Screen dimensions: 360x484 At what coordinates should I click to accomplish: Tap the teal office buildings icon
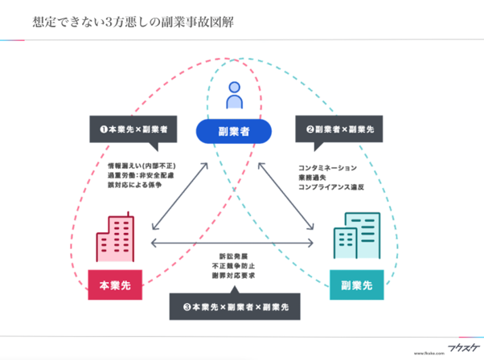357,235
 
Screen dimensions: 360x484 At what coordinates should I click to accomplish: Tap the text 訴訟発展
233,255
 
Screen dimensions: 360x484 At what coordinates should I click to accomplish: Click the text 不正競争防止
233,265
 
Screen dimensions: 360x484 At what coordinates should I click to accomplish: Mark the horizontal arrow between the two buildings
233,243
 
